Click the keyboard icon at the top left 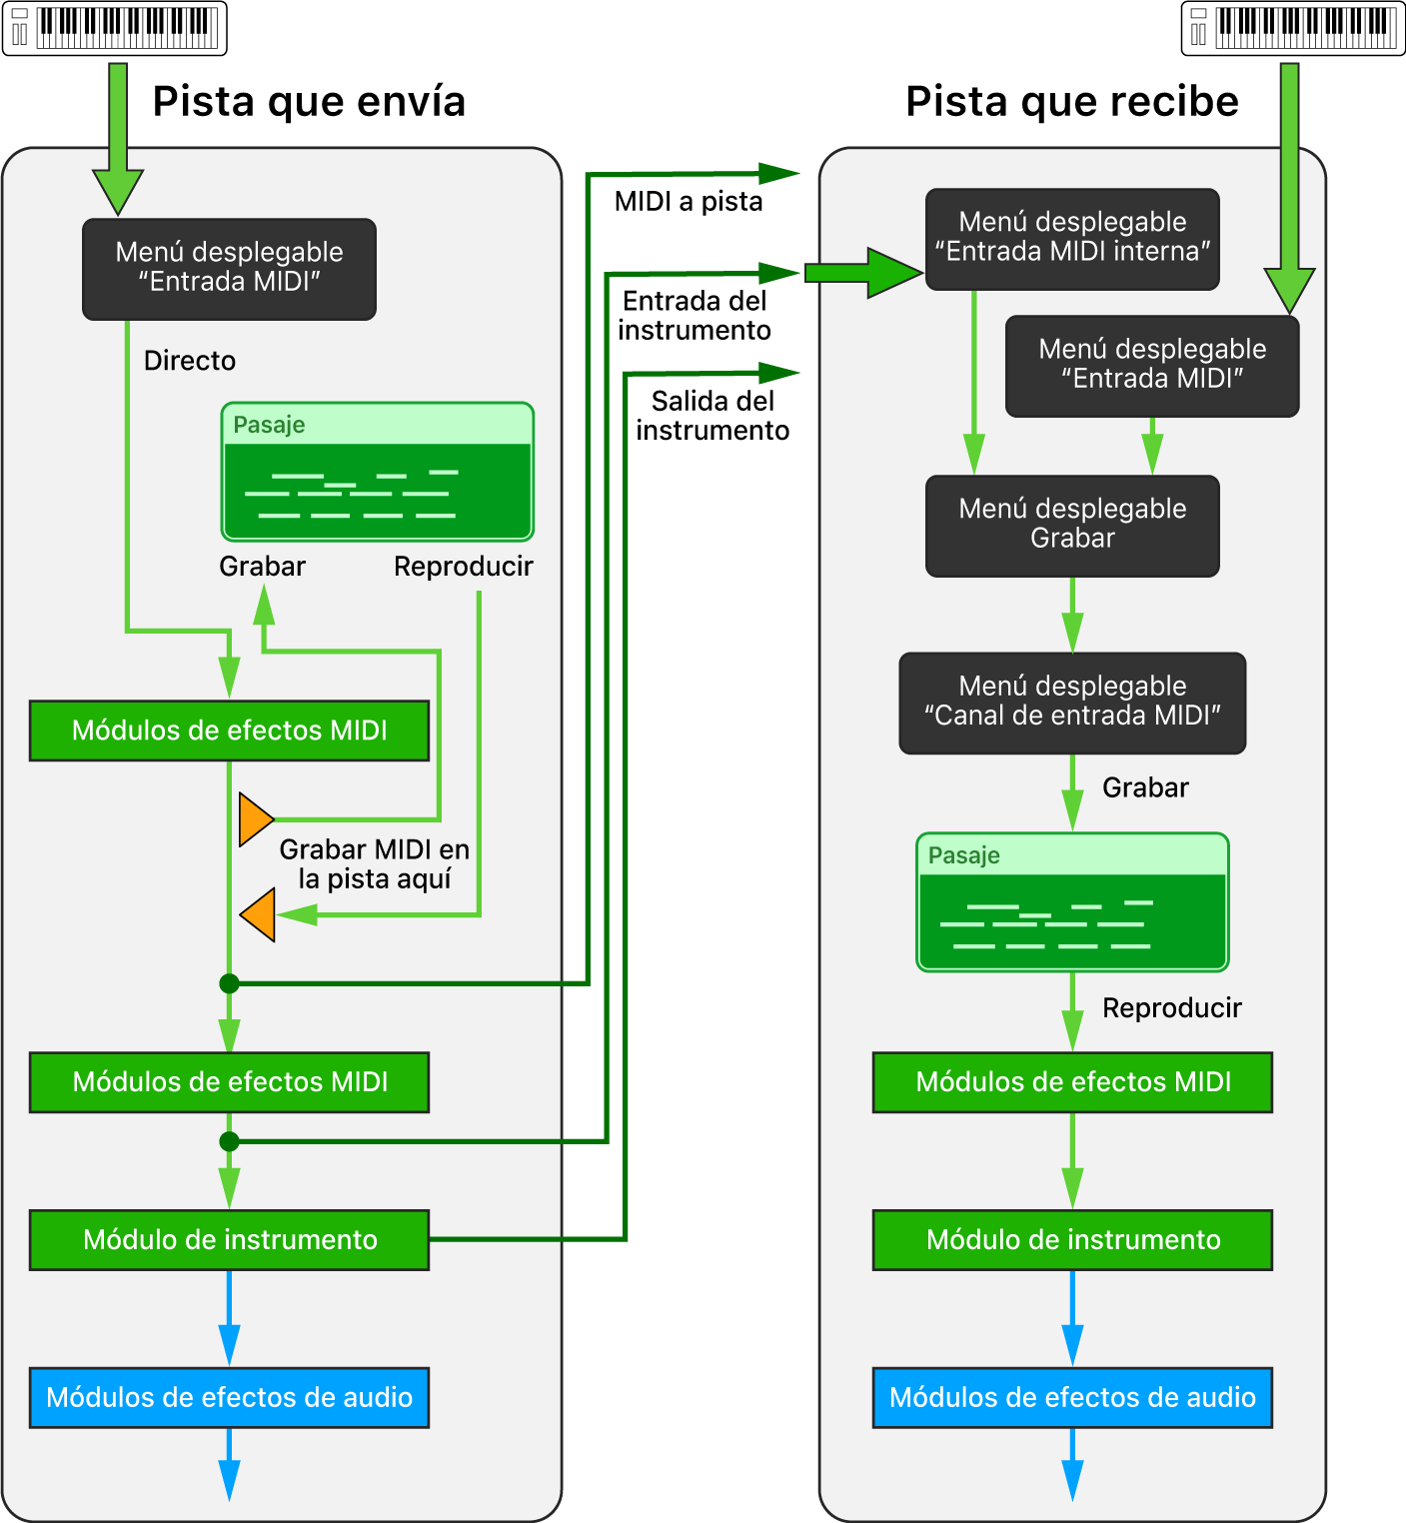[x=115, y=28]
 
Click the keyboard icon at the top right [x=1293, y=28]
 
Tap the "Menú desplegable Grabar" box [x=1072, y=526]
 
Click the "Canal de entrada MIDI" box [x=1072, y=703]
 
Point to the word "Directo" [x=190, y=361]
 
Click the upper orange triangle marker [x=255, y=819]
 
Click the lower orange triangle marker [x=260, y=914]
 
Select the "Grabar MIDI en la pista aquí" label [x=375, y=864]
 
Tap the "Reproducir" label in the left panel [x=464, y=567]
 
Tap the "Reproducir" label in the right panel [x=1172, y=1008]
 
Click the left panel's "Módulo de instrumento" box [x=230, y=1240]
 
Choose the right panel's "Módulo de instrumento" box [x=1072, y=1240]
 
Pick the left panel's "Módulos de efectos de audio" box [x=230, y=1397]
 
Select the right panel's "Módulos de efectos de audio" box [x=1072, y=1397]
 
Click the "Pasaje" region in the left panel [x=378, y=473]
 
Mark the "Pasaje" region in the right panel [x=1072, y=902]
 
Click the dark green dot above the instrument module [x=230, y=1141]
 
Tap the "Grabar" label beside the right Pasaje [x=1145, y=788]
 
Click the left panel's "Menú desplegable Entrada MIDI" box [x=230, y=269]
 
